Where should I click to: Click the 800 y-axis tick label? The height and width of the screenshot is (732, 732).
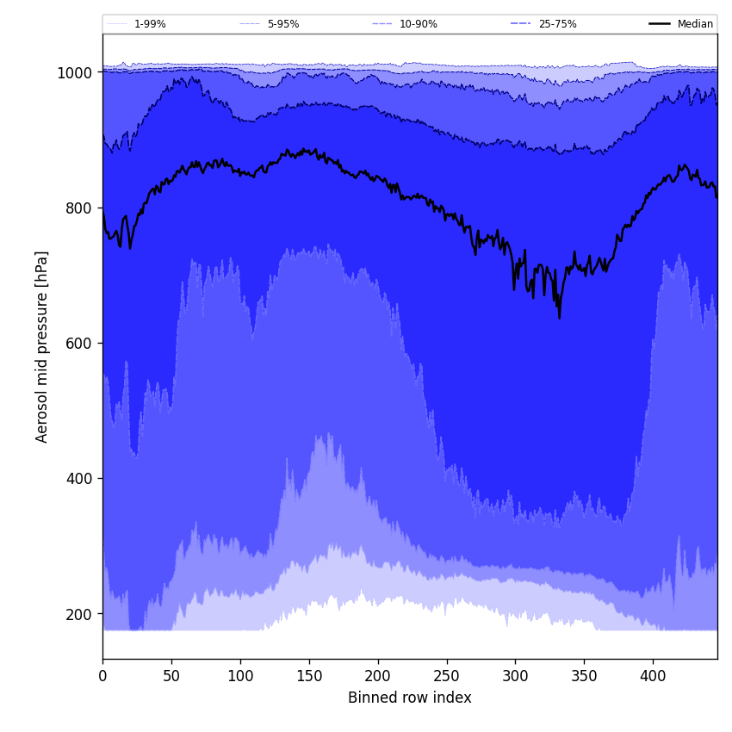click(78, 208)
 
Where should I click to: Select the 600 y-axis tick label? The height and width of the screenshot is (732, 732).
click(78, 344)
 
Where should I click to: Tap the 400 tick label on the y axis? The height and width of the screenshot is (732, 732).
click(78, 479)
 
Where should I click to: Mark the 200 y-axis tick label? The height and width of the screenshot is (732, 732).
click(78, 614)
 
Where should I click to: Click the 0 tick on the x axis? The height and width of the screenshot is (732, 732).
click(102, 677)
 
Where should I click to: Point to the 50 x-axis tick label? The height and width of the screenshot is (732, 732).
click(171, 677)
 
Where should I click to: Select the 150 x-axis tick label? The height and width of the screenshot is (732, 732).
click(309, 677)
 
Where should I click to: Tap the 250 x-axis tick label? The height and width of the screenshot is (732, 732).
click(446, 677)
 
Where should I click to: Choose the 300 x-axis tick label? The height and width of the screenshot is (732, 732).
click(515, 677)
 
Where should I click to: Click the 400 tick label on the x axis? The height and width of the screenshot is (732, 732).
click(653, 677)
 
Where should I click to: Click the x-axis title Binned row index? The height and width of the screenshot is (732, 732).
click(410, 698)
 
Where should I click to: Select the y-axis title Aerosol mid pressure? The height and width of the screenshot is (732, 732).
click(42, 346)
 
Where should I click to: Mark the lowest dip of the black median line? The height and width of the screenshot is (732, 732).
click(559, 318)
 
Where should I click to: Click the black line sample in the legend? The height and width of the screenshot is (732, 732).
click(660, 24)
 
